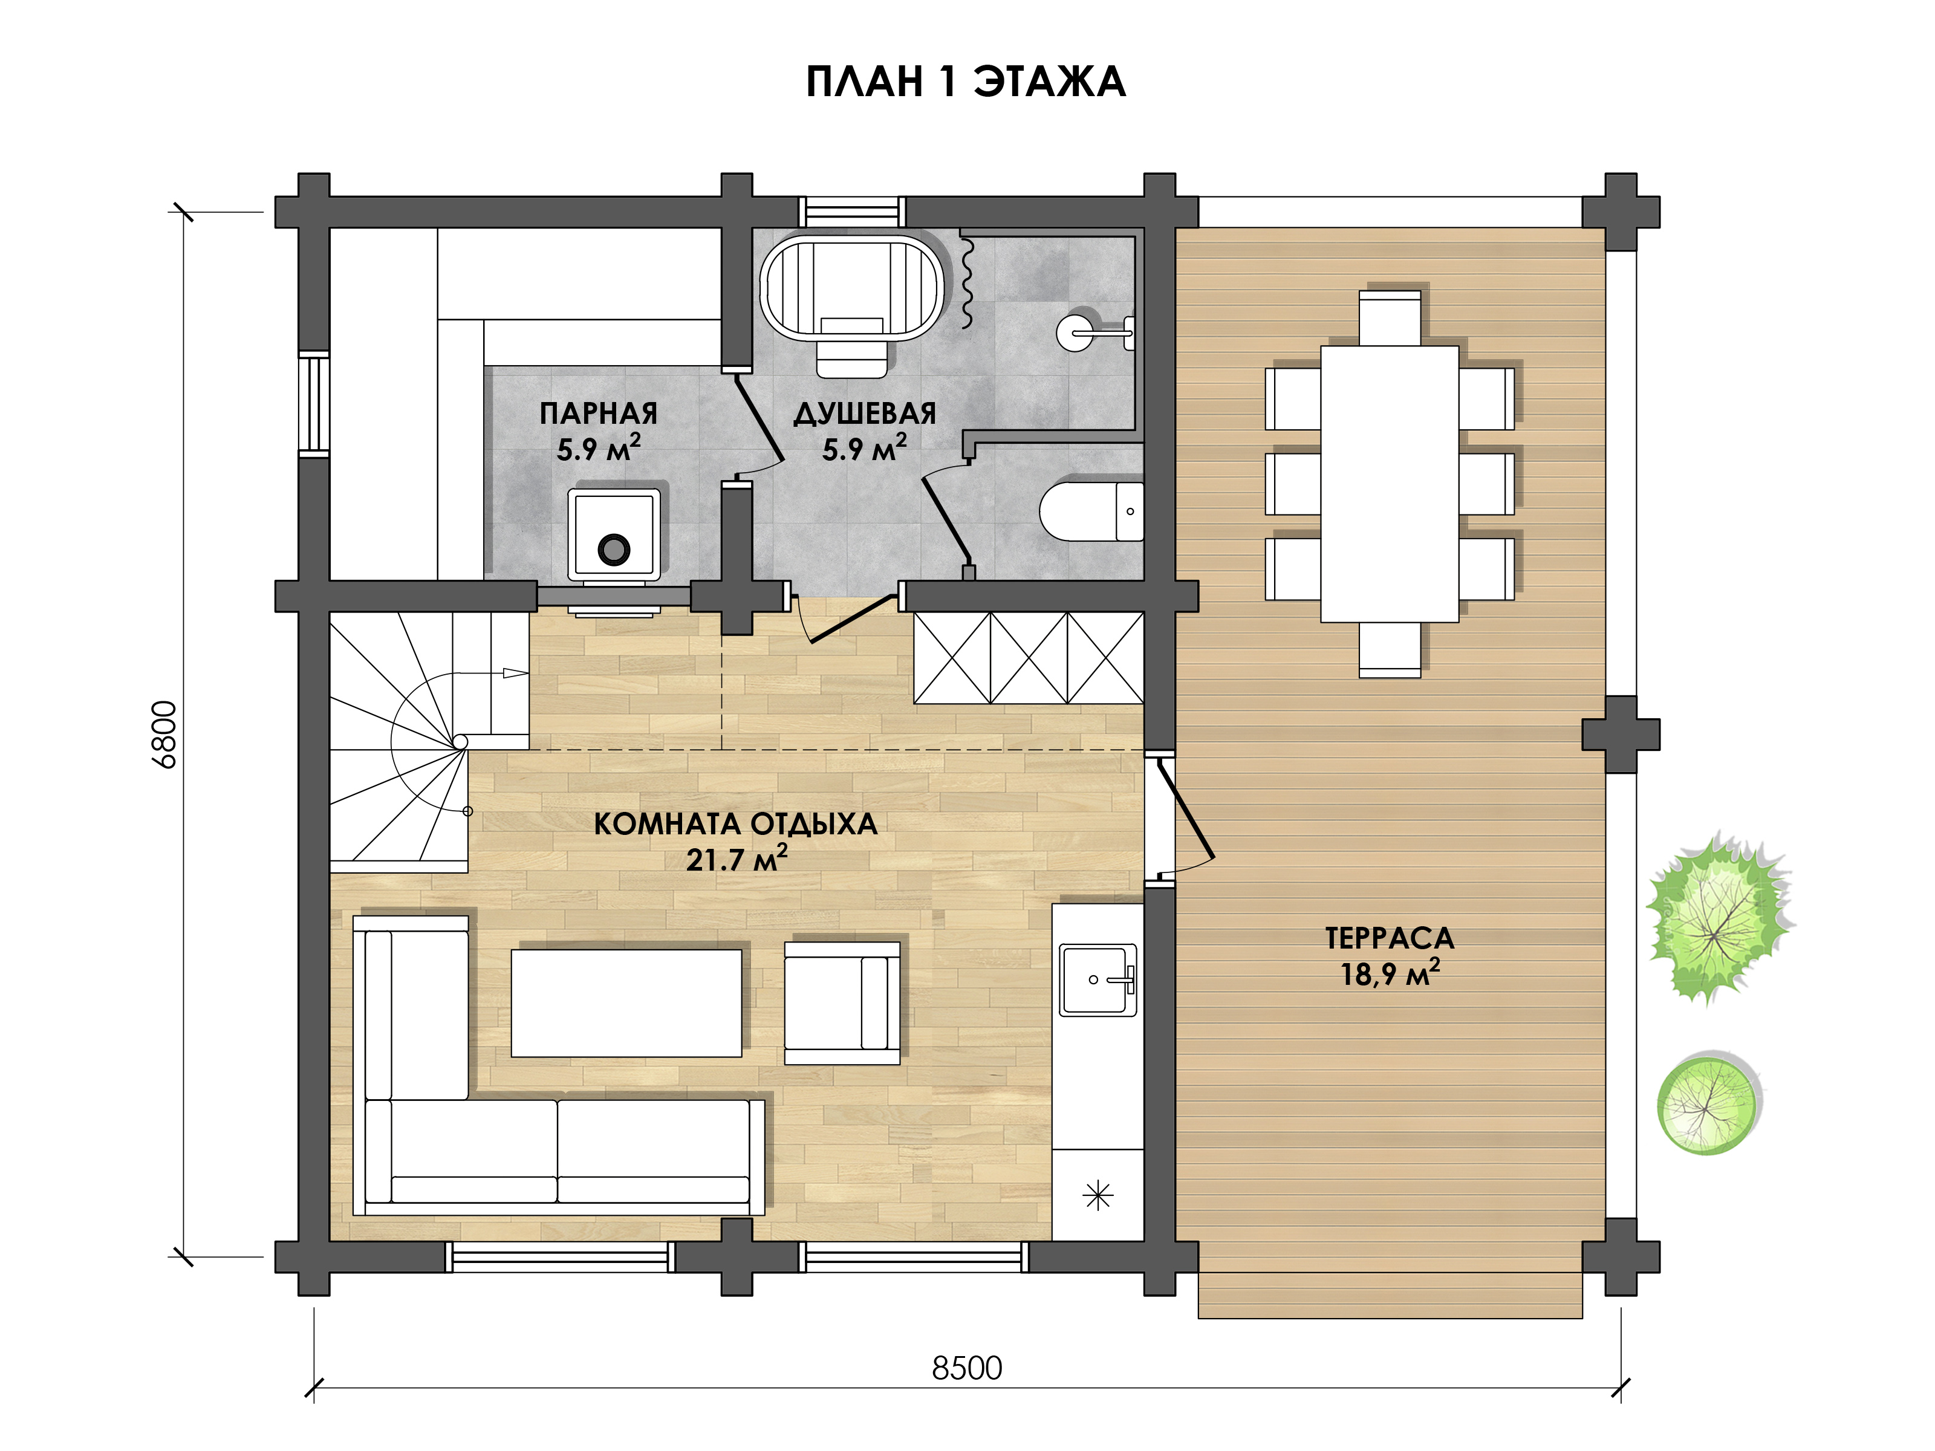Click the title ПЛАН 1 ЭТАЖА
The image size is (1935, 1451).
(965, 82)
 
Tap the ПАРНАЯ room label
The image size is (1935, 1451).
(599, 413)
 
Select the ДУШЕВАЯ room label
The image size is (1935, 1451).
(864, 413)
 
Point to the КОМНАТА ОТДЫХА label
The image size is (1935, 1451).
(735, 824)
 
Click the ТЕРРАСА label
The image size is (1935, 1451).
(1389, 938)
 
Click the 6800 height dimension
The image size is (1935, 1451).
(164, 735)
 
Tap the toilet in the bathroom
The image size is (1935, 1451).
(1091, 511)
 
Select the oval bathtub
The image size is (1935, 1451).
(851, 287)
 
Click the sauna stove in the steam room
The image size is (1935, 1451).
(614, 535)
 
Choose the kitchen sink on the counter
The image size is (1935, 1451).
(1098, 979)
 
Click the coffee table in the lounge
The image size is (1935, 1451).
(626, 1003)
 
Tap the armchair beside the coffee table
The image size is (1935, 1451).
(842, 1002)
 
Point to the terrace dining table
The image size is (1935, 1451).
(1389, 484)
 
